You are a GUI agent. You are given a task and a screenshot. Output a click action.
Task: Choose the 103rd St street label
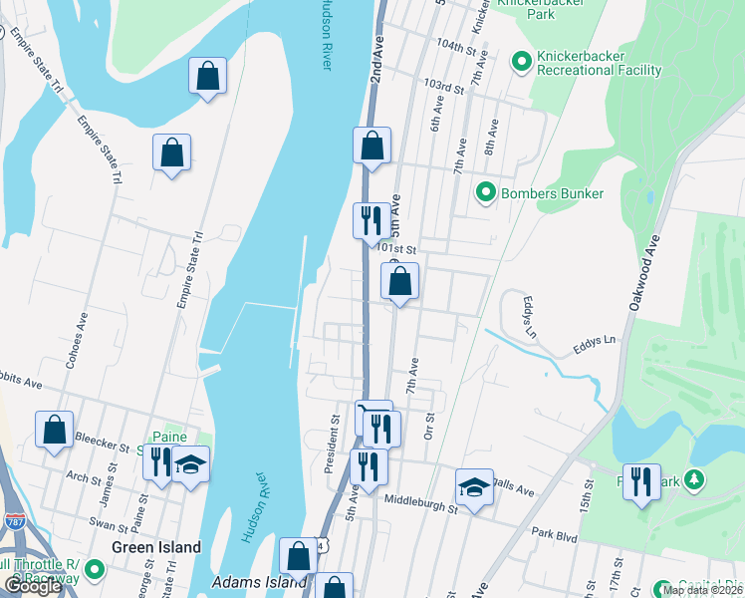click(444, 87)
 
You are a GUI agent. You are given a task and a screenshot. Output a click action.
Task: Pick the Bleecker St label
click(103, 448)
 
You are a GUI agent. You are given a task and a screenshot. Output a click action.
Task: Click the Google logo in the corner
click(33, 586)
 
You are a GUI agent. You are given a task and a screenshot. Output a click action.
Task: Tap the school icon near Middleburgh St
click(475, 487)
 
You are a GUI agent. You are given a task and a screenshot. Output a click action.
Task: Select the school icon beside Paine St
click(190, 464)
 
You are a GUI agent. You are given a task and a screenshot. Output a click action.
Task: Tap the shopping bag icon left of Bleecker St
click(54, 431)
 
